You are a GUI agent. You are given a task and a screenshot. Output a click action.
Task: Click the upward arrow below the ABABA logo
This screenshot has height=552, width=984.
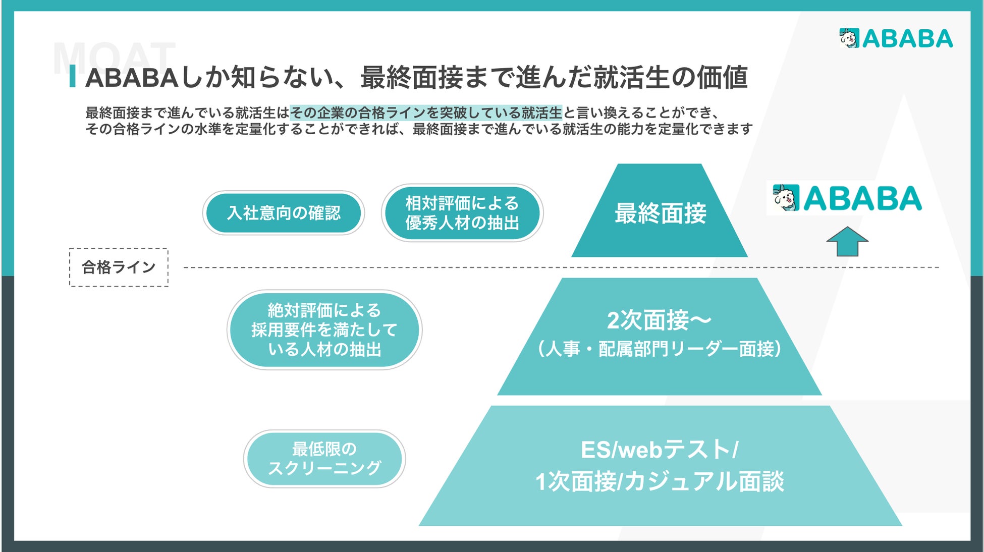point(847,242)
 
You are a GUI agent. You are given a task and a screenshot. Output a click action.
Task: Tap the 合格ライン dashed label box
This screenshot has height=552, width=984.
point(119,267)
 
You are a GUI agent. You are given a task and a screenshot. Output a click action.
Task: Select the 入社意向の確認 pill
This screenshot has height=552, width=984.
point(284,213)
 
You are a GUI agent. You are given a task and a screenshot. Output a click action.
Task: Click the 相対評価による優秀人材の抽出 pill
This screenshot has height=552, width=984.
point(462,213)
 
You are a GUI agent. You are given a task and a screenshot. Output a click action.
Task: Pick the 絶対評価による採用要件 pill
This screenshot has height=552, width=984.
point(324,330)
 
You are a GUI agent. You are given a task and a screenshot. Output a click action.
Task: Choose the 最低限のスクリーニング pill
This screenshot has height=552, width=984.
point(324,459)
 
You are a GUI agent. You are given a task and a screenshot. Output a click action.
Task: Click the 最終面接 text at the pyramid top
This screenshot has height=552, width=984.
point(660,213)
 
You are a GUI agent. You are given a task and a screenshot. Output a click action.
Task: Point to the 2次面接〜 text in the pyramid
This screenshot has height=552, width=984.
point(659,320)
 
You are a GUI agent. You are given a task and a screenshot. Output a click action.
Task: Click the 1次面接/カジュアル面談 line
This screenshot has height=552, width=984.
point(660,481)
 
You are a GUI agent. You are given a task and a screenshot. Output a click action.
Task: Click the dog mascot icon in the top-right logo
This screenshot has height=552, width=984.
point(849,38)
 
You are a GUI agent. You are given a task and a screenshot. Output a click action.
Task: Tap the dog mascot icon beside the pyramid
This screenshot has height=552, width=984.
point(786,198)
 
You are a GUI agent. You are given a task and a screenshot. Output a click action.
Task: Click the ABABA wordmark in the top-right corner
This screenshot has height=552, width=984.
point(907,39)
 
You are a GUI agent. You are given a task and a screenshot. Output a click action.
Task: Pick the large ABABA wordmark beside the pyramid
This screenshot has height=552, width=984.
point(862,198)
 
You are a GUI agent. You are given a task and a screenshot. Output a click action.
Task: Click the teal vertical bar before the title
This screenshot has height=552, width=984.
point(73,76)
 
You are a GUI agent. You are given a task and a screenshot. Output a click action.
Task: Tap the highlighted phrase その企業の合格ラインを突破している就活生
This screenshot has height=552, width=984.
point(426,112)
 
